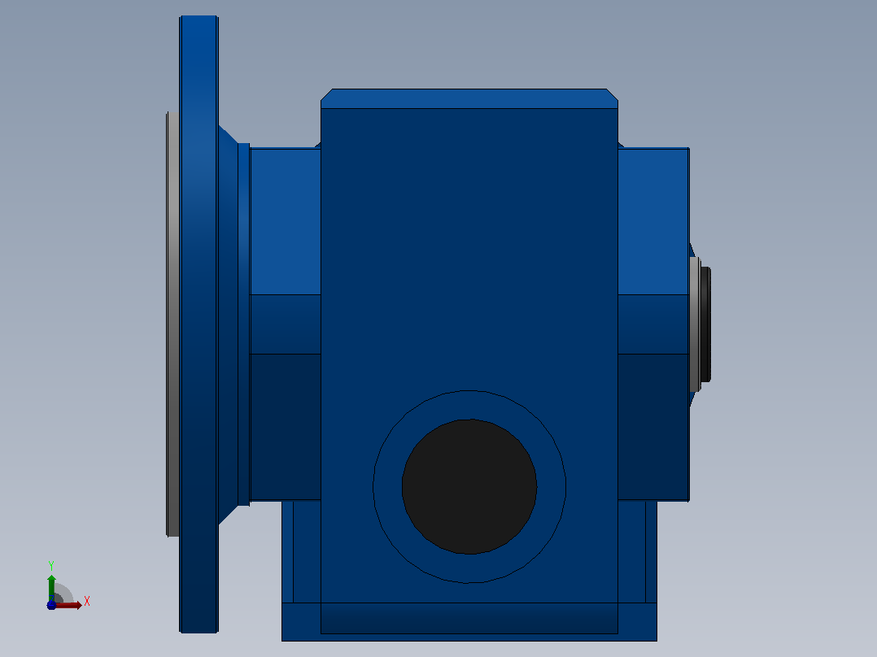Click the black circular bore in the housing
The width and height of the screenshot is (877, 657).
tap(469, 486)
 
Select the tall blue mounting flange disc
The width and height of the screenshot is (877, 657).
tap(199, 324)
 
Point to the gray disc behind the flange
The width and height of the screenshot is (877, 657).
tap(172, 324)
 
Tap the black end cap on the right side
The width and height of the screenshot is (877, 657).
tap(705, 324)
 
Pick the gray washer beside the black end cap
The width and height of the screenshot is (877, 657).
tap(695, 324)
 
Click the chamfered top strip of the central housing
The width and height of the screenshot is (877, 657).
tap(469, 98)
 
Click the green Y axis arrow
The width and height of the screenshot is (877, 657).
tap(51, 588)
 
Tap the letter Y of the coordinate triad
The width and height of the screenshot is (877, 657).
tap(51, 565)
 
